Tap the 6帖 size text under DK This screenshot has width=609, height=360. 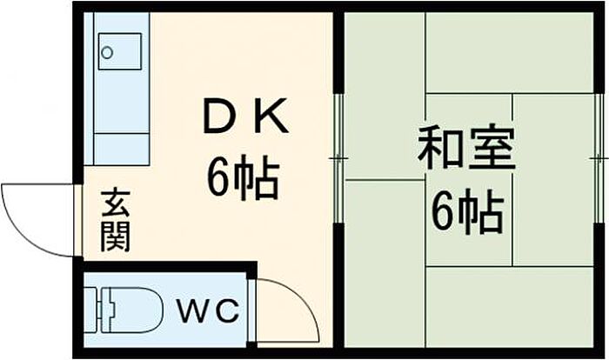point(244,177)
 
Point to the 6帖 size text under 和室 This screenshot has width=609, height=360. point(468,211)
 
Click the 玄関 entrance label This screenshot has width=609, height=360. point(116,220)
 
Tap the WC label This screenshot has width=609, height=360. point(208,310)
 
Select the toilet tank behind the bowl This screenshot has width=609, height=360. point(92,310)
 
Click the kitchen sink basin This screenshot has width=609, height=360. point(120,51)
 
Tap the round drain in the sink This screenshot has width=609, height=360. point(107,52)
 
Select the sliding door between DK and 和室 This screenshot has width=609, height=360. point(338,158)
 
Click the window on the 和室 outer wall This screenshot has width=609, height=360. point(599,158)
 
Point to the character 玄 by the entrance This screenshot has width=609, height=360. point(116,203)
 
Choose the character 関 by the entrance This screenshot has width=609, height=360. point(116,237)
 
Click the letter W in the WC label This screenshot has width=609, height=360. point(193,310)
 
